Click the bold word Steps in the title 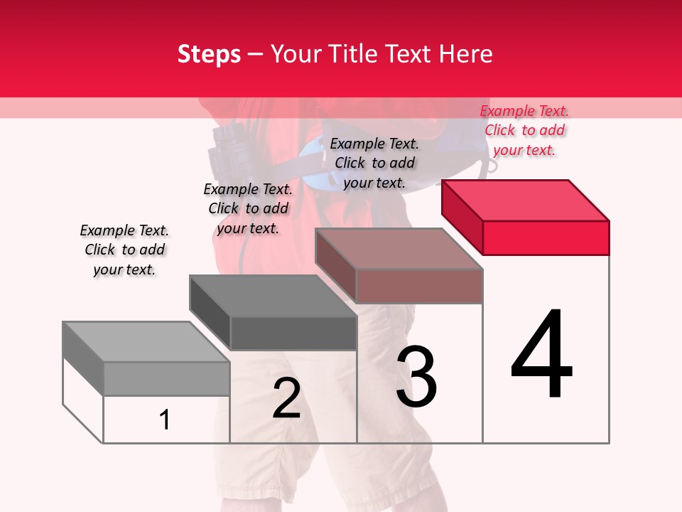coord(209,54)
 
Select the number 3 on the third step coord(416,377)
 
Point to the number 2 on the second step coord(286,398)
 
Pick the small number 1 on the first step coord(165,420)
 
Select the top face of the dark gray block coord(274,296)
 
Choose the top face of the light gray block coord(146,342)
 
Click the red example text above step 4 coord(524,130)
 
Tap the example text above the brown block coord(374,163)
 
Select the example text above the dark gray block coord(248,208)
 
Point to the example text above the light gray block coord(124,250)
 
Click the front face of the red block coord(546,238)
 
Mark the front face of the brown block coord(419,287)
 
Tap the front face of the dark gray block coord(293,333)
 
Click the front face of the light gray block coord(166,378)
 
